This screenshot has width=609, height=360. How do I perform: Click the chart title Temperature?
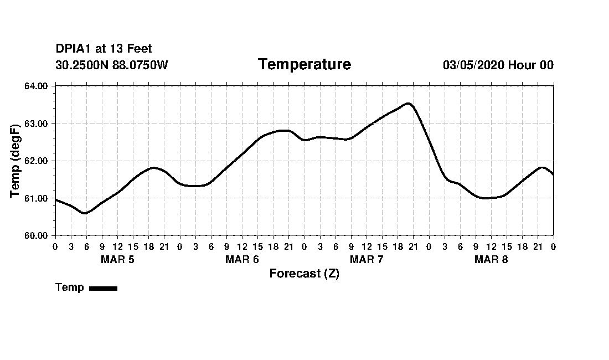[304, 64]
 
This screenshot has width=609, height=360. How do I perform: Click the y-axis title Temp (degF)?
[16, 161]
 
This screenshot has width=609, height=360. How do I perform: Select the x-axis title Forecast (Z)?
[304, 274]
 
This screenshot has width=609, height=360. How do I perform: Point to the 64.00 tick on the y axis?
[37, 86]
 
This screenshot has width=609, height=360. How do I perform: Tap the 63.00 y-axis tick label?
[37, 124]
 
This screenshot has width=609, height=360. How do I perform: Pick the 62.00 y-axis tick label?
[37, 161]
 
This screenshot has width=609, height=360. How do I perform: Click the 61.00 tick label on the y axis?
[37, 198]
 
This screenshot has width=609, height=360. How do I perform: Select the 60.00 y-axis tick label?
[37, 235]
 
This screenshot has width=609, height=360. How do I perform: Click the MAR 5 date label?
[117, 260]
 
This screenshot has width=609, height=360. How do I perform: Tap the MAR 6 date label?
[242, 260]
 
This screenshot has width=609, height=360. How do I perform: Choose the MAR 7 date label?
[367, 260]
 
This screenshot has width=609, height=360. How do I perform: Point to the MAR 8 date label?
[491, 260]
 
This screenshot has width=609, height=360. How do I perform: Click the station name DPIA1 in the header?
[74, 49]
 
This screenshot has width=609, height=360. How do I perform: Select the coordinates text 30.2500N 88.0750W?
[112, 65]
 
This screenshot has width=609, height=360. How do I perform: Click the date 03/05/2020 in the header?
[473, 65]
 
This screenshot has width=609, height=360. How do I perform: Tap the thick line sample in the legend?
[103, 288]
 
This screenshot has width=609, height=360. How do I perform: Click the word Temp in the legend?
[70, 287]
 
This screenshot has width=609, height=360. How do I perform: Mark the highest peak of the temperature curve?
[408, 103]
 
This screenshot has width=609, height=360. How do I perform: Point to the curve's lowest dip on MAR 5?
[85, 213]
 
